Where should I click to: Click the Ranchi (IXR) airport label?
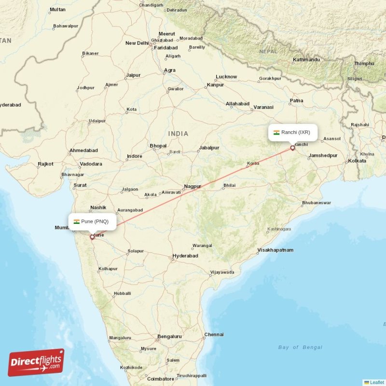(293, 132)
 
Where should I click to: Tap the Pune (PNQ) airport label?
(92, 221)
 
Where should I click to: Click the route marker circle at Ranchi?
(292, 148)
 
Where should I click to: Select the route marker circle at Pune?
(92, 237)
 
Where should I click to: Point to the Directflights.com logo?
(36, 362)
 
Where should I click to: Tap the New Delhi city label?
(137, 43)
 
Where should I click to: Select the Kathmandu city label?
(306, 60)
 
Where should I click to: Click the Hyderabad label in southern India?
(185, 256)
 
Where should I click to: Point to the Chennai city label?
(214, 334)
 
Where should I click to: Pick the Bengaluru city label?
(169, 336)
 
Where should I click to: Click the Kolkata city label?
(357, 161)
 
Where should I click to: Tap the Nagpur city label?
(193, 186)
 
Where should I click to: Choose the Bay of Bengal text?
(300, 347)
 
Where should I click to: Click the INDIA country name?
(178, 133)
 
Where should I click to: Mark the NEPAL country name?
(268, 51)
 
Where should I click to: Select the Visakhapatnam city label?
(276, 250)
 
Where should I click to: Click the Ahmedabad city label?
(83, 151)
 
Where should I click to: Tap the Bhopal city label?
(158, 146)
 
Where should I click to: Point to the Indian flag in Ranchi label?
(276, 132)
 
